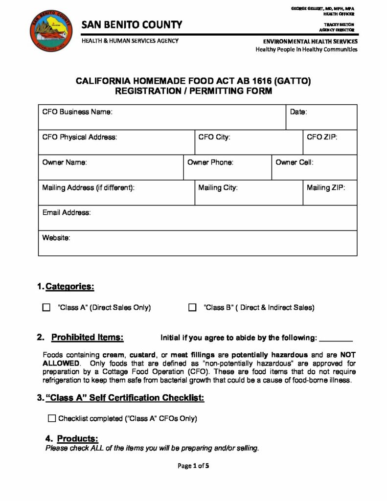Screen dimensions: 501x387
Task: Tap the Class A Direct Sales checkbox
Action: (x=46, y=308)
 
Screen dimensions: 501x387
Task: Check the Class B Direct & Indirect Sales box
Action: (x=192, y=308)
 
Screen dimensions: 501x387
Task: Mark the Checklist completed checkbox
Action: (x=52, y=418)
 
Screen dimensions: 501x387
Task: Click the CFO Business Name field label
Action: (x=77, y=112)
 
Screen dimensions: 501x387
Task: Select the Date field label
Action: (x=298, y=112)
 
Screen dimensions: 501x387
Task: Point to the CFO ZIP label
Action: (x=322, y=137)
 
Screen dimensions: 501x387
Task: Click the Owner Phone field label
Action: (x=210, y=162)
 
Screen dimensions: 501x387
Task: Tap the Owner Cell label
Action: (x=295, y=162)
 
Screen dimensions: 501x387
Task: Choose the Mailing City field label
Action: (x=218, y=187)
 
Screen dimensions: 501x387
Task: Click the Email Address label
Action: (x=67, y=213)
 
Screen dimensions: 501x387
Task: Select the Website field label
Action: (x=56, y=238)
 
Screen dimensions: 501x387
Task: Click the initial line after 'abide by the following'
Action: (x=336, y=338)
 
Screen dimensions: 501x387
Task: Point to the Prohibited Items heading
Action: (x=87, y=337)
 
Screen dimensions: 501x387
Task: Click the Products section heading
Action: (x=77, y=438)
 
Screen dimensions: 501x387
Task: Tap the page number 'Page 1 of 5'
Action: (x=193, y=466)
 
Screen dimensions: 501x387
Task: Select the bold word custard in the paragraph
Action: (x=142, y=355)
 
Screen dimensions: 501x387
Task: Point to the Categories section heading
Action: (x=69, y=286)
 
